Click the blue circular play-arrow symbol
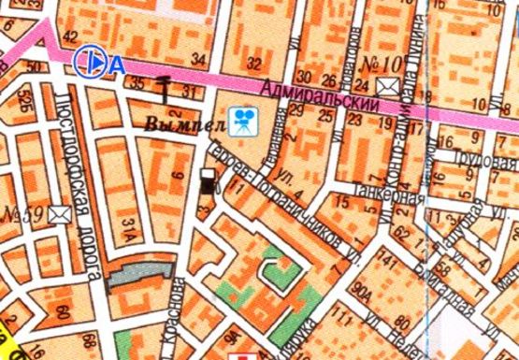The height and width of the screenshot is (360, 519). click(90, 62)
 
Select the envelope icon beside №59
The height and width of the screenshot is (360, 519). click(62, 212)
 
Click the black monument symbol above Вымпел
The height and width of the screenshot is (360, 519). click(165, 90)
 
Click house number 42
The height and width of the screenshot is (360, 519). click(70, 37)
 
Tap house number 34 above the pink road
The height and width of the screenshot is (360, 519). click(197, 61)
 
